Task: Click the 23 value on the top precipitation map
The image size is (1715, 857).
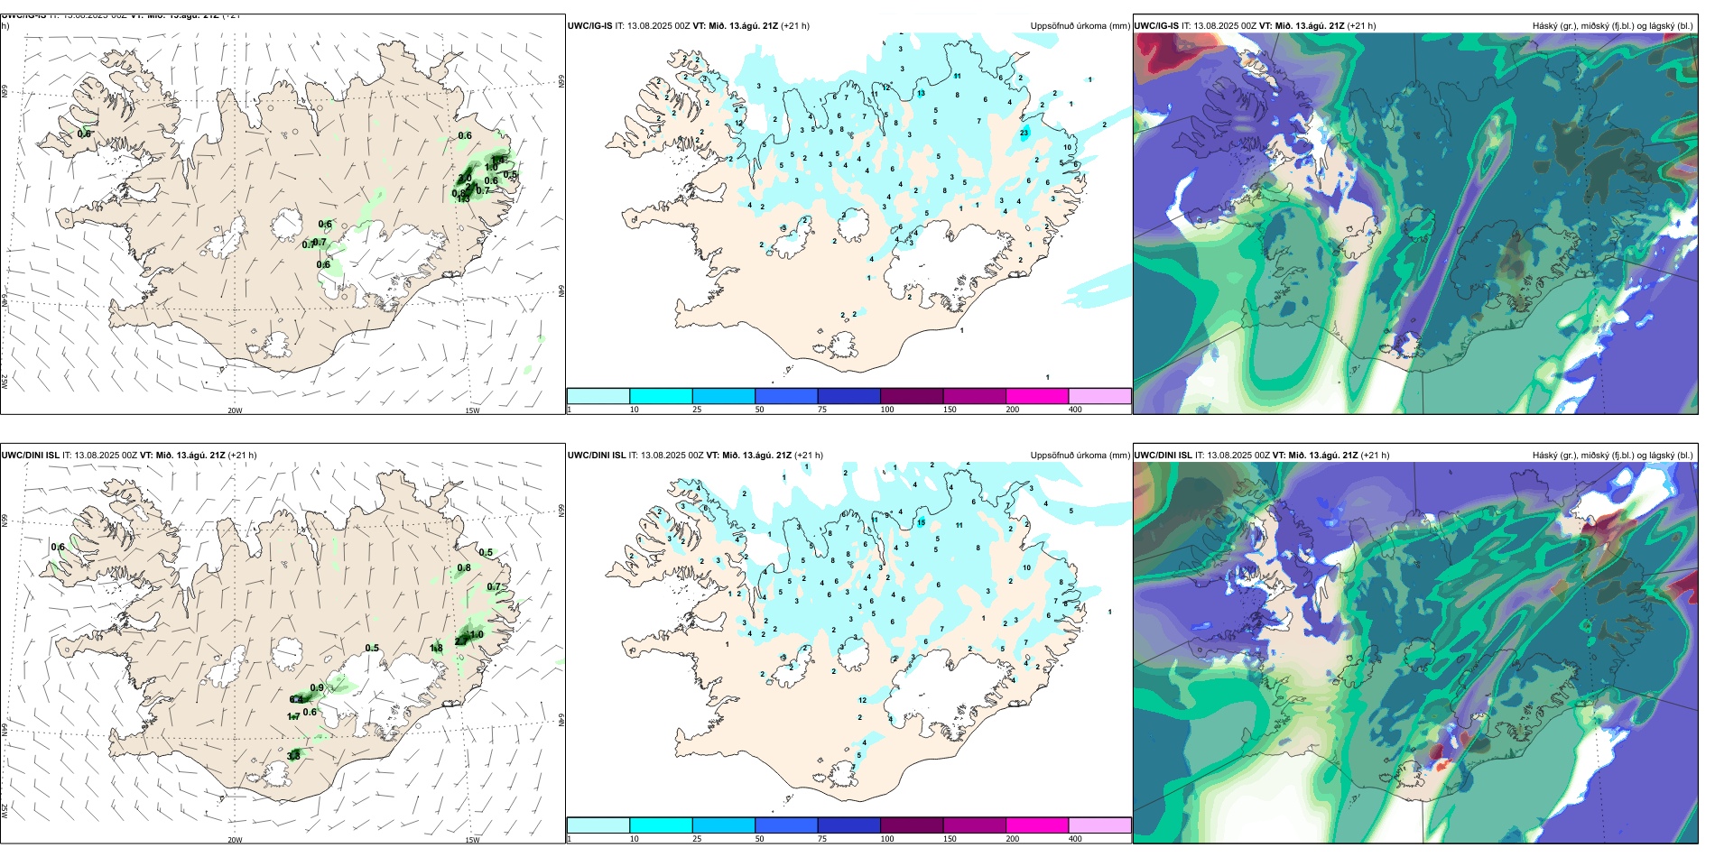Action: coord(1024,134)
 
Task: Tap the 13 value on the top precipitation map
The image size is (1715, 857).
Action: coord(922,94)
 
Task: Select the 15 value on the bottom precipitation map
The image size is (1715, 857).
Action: coord(922,522)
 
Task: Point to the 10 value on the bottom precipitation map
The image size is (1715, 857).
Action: coord(1027,568)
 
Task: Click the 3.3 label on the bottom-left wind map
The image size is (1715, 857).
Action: coord(293,756)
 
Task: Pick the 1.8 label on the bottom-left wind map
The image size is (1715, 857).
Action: coord(437,648)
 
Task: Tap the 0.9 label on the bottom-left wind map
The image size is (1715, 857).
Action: coord(317,688)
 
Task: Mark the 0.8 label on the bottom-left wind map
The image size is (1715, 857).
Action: coord(464,568)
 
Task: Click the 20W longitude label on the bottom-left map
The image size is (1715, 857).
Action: coord(235,840)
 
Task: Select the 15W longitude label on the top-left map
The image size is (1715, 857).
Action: coord(472,410)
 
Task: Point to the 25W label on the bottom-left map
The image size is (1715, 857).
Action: coord(5,811)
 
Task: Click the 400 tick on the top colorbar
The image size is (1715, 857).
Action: coord(1075,410)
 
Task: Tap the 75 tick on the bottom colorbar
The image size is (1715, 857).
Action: coord(822,839)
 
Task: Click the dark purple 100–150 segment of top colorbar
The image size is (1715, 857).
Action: coord(912,396)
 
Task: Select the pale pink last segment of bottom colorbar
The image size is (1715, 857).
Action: coord(1099,825)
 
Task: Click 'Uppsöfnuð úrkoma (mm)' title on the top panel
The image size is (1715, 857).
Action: coord(1080,26)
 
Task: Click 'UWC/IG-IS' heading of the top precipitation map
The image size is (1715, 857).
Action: coord(589,26)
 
